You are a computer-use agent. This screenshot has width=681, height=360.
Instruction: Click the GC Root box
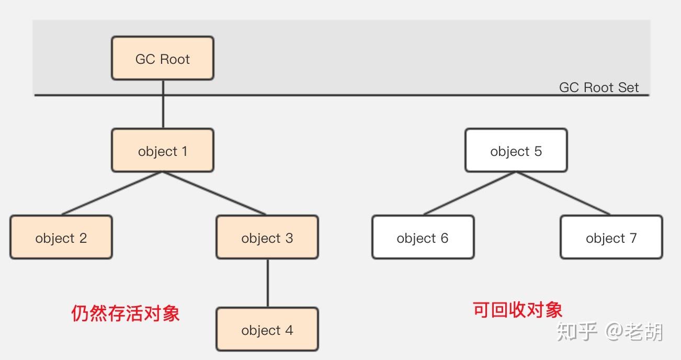pos(163,58)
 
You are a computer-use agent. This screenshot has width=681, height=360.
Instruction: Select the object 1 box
pos(163,151)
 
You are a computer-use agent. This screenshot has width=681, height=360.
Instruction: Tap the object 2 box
pos(61,238)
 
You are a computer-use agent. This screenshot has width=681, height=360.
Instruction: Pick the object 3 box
pos(267,238)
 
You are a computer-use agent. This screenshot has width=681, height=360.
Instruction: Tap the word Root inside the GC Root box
pos(175,59)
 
